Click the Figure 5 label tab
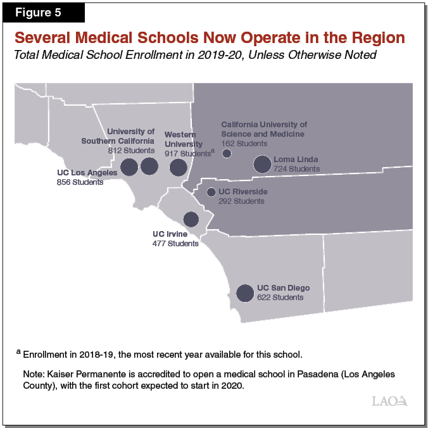[43, 13]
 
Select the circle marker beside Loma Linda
[262, 165]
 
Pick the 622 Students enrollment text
[280, 297]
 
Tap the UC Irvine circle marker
[191, 219]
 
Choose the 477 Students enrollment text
[175, 243]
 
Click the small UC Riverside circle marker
[211, 192]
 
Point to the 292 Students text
[241, 201]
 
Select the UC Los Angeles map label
[87, 173]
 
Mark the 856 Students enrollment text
[80, 182]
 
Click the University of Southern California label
[118, 136]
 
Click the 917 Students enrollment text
[187, 153]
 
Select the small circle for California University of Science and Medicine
[227, 153]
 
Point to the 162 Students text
[244, 144]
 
